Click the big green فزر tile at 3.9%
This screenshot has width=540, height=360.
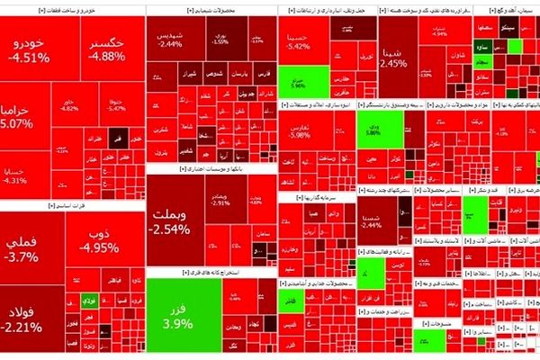179,311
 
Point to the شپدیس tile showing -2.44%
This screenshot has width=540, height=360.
169,38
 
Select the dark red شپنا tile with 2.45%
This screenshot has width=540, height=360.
393,58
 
